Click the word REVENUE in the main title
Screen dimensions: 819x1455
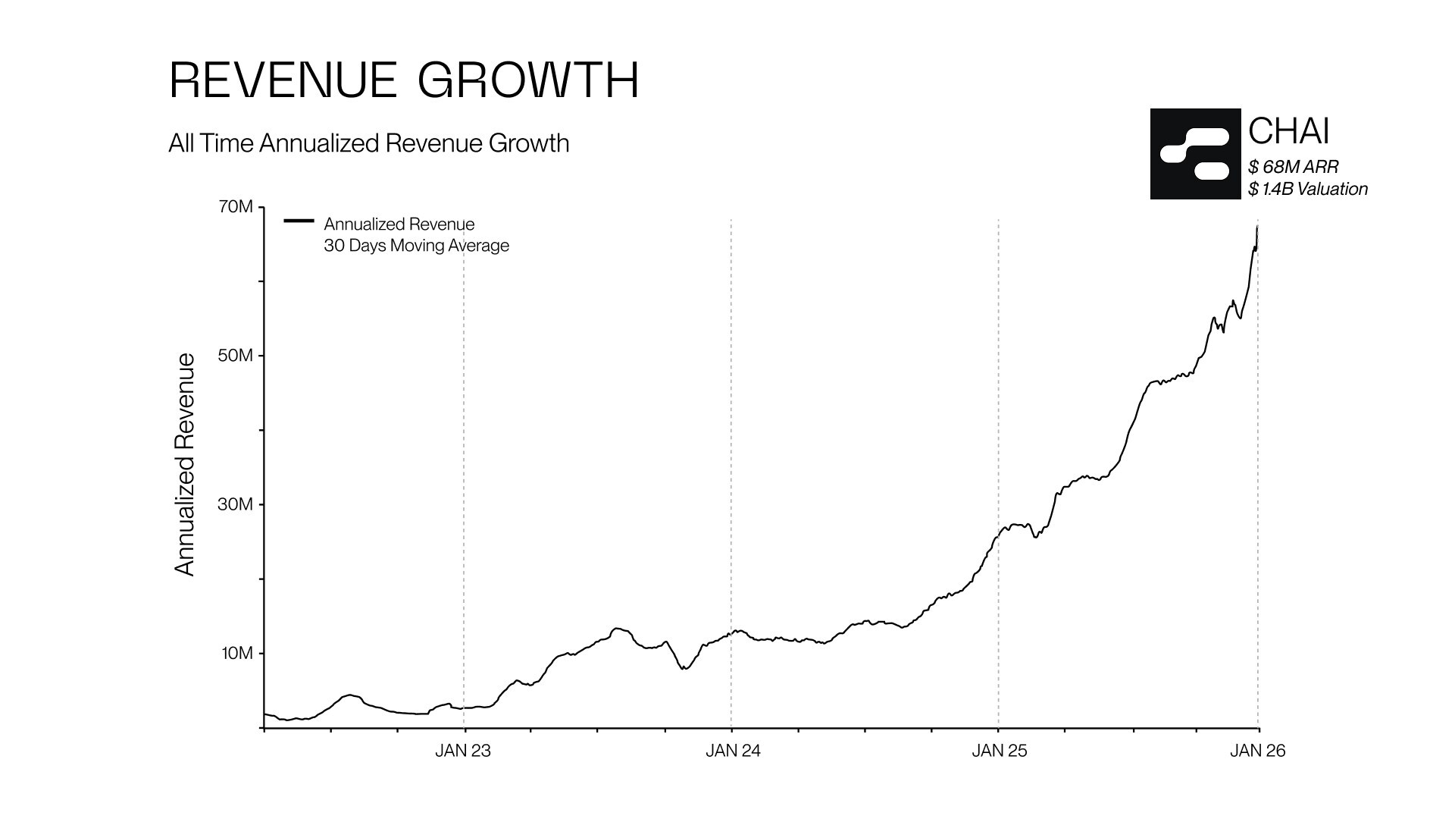point(283,80)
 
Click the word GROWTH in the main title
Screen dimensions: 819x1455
point(528,80)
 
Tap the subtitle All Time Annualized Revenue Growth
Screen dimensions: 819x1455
point(368,143)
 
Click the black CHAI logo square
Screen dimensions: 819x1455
point(1195,154)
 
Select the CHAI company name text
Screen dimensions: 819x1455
point(1288,131)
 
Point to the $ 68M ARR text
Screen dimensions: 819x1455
point(1293,167)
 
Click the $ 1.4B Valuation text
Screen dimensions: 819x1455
point(1308,189)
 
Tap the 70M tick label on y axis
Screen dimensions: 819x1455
point(235,207)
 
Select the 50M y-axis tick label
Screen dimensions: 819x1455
point(235,356)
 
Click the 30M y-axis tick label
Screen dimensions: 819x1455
point(235,504)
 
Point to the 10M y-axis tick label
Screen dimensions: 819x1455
point(236,653)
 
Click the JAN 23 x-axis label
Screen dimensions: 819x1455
point(463,751)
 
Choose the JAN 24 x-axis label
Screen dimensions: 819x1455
point(733,751)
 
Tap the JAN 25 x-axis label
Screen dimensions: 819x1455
point(1000,751)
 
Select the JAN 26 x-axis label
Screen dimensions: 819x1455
point(1258,751)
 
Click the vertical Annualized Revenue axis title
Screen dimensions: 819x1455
point(185,464)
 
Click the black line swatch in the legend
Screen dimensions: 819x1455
point(299,221)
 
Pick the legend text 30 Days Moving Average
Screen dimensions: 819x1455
point(416,246)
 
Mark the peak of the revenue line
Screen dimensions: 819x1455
point(1257,227)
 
